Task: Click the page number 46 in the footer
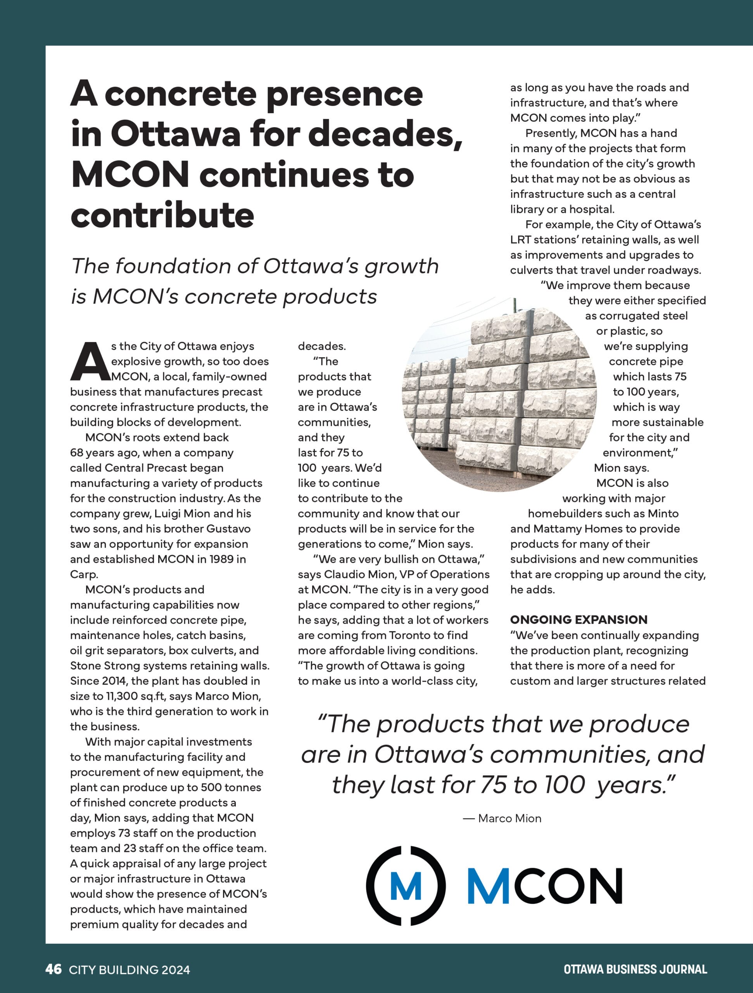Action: point(53,969)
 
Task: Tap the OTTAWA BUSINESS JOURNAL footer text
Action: point(635,969)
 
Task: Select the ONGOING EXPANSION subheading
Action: point(579,619)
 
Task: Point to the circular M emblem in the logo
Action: point(406,886)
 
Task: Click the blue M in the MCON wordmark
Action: point(488,886)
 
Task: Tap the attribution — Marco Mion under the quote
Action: point(502,818)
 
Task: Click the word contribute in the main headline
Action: point(162,215)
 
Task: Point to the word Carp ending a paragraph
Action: point(83,574)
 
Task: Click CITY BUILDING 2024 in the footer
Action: point(129,970)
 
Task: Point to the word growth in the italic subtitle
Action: point(401,266)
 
